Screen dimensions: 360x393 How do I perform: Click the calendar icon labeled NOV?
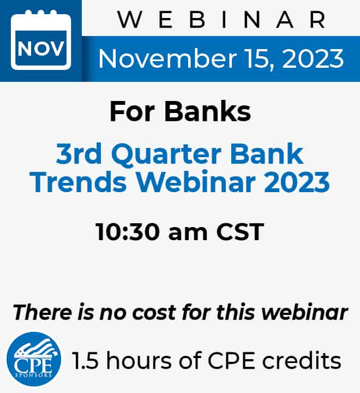point(41,40)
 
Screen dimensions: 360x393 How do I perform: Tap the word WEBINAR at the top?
point(222,20)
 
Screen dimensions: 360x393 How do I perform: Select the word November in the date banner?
point(167,58)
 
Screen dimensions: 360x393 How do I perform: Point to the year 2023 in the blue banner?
point(313,58)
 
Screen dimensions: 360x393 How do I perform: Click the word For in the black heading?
point(132,111)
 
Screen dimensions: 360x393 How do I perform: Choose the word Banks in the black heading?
point(207,111)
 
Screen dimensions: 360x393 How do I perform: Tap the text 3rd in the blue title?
point(79,153)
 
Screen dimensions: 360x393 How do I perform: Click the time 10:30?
point(128,231)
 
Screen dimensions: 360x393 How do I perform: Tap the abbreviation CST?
point(240,231)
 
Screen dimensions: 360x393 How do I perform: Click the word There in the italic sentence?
point(43,313)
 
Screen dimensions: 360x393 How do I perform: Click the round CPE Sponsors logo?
point(34,359)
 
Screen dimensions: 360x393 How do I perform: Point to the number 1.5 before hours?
point(85,360)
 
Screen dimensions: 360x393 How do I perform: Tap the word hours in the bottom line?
point(139,360)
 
